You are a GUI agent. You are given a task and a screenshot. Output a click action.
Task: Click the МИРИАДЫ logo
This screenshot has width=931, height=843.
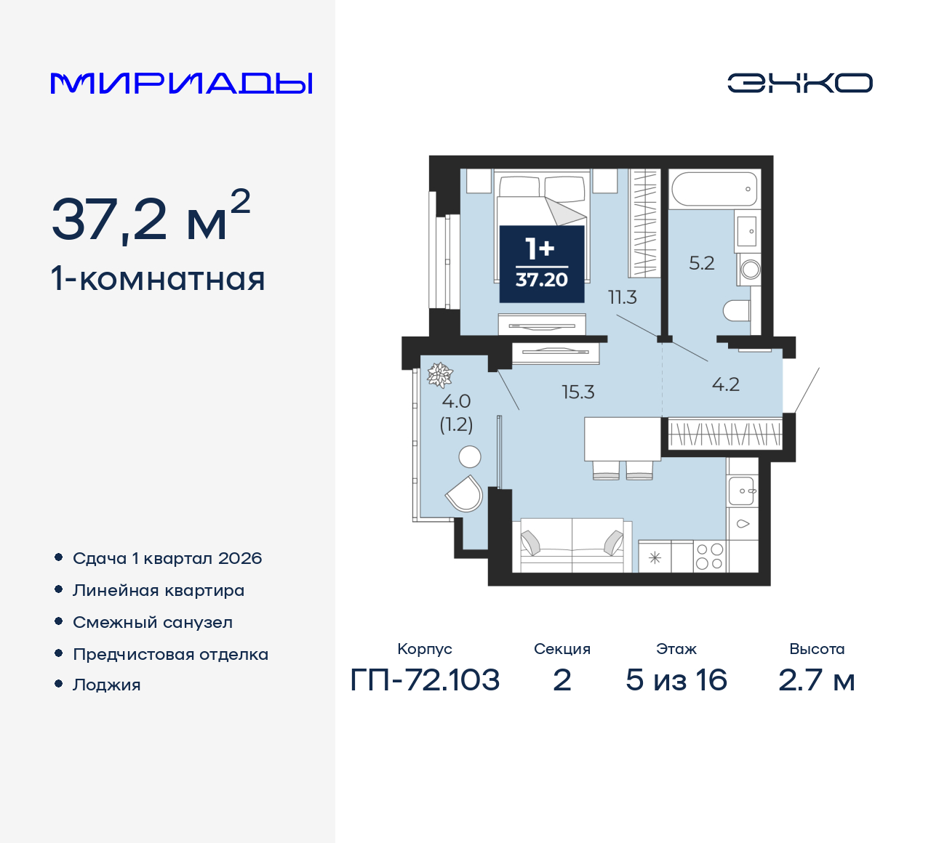(181, 84)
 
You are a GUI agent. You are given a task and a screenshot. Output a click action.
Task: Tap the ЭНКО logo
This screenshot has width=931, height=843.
(799, 83)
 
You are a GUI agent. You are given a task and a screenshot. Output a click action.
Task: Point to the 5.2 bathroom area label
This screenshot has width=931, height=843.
(702, 263)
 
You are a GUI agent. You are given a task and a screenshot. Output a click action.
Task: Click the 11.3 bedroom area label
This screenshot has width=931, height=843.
(623, 297)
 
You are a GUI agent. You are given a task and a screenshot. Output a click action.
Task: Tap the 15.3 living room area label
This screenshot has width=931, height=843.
(578, 392)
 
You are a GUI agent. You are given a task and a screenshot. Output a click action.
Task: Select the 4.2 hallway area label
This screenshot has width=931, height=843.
(726, 384)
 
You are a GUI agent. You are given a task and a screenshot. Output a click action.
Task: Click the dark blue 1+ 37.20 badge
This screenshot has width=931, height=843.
(542, 264)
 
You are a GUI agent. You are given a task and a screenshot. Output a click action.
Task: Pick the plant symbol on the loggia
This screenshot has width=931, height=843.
(439, 375)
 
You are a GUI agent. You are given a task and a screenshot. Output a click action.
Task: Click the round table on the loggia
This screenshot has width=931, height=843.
(470, 456)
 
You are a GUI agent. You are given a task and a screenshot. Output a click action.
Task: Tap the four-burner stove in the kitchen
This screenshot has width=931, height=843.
(709, 557)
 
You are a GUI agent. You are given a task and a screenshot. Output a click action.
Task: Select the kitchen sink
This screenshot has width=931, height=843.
(742, 491)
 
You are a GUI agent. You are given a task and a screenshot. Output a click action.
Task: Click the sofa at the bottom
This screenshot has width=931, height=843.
(572, 545)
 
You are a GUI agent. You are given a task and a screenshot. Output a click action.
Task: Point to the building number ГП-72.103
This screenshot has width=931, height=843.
(425, 680)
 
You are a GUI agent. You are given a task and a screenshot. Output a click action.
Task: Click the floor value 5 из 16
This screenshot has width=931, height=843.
(676, 680)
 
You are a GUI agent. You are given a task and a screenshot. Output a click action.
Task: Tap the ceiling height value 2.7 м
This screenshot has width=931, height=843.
(816, 680)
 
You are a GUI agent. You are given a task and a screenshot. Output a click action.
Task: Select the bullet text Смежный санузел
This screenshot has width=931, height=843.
(153, 623)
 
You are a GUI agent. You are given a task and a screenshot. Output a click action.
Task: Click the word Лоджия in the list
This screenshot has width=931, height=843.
(107, 685)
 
